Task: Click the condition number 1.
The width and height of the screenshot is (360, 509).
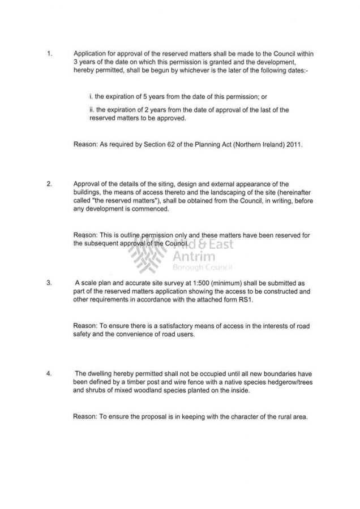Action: pyautogui.click(x=50, y=54)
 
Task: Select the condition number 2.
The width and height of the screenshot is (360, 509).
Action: pyautogui.click(x=50, y=184)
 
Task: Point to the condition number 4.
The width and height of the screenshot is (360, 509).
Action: pyautogui.click(x=50, y=373)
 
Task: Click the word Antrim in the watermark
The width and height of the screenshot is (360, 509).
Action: pyautogui.click(x=189, y=257)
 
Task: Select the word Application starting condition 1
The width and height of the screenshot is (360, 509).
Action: pyautogui.click(x=93, y=54)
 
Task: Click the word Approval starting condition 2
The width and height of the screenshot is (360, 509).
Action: pyautogui.click(x=88, y=184)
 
